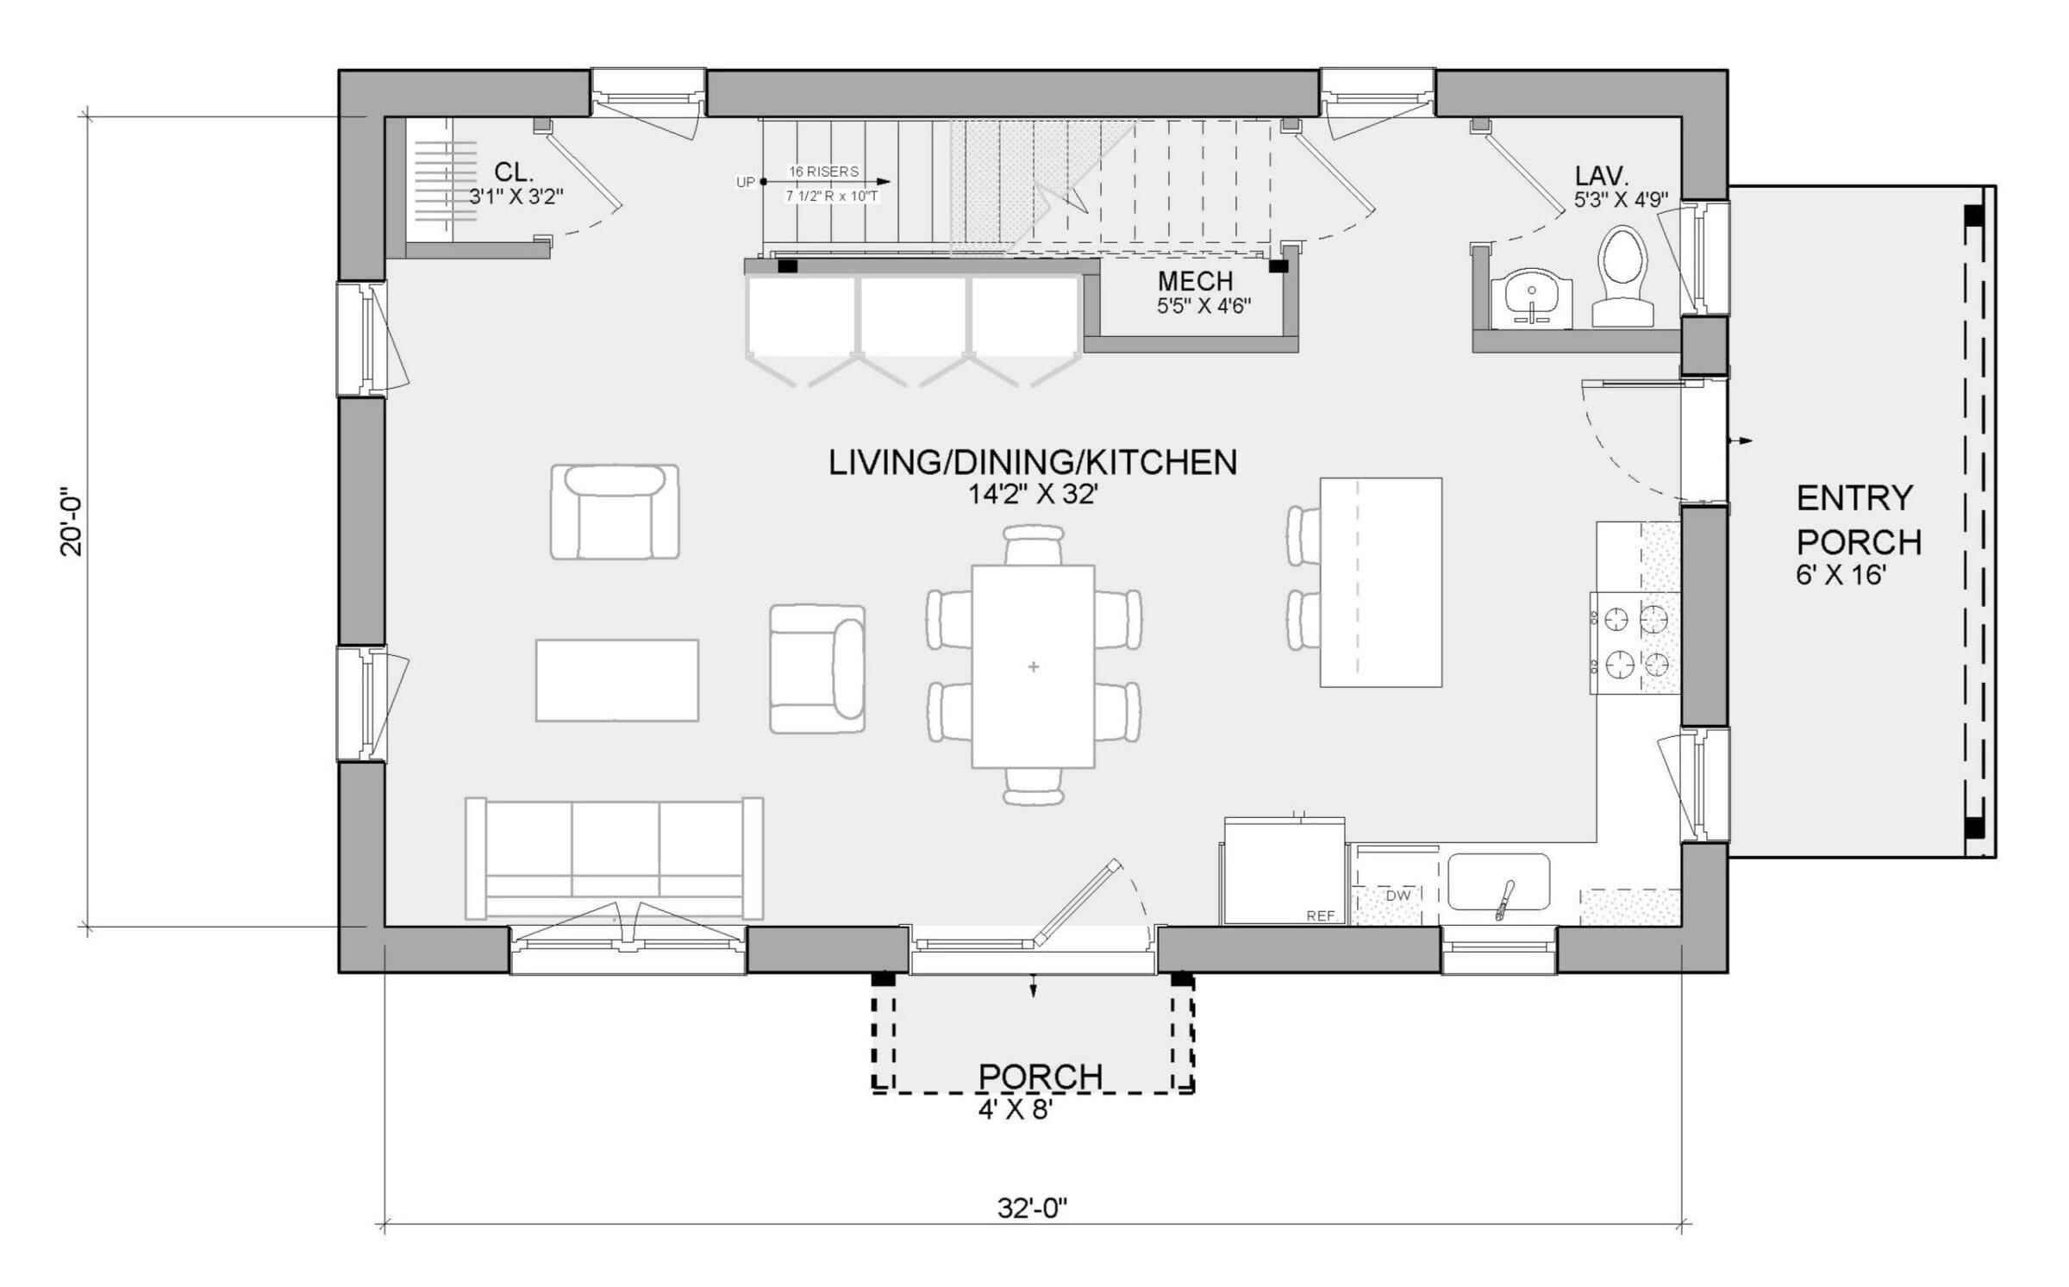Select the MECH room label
(x=1195, y=281)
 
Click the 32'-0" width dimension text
(x=1032, y=1209)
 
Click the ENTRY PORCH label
(x=1858, y=520)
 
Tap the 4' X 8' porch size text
(x=1015, y=1109)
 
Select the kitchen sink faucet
(x=1505, y=899)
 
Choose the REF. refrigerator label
(x=1320, y=916)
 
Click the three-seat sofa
(x=614, y=858)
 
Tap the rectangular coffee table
(x=616, y=680)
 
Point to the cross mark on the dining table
(x=1034, y=666)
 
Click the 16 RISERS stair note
(x=823, y=172)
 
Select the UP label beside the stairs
(x=745, y=182)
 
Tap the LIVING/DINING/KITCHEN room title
(x=1032, y=463)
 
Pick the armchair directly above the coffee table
(x=615, y=512)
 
